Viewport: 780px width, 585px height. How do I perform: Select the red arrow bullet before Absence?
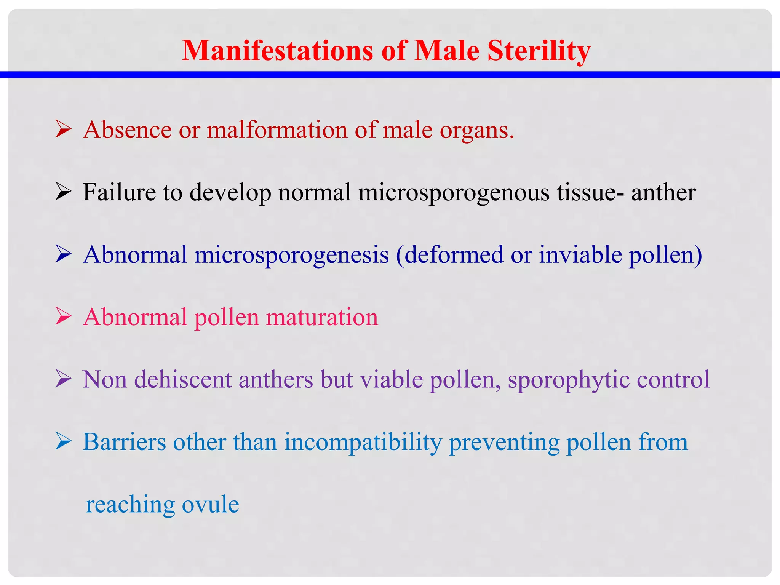(63, 129)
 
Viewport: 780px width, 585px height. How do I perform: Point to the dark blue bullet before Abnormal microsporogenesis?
(63, 254)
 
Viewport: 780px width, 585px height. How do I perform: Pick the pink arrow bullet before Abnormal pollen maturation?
(63, 316)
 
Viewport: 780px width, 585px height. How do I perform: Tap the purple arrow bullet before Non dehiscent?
(63, 379)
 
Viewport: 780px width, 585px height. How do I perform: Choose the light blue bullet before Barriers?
(63, 441)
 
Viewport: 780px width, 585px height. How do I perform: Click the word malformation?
(277, 130)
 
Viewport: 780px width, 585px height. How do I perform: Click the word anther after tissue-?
(663, 192)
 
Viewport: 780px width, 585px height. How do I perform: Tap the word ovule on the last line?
(210, 504)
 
